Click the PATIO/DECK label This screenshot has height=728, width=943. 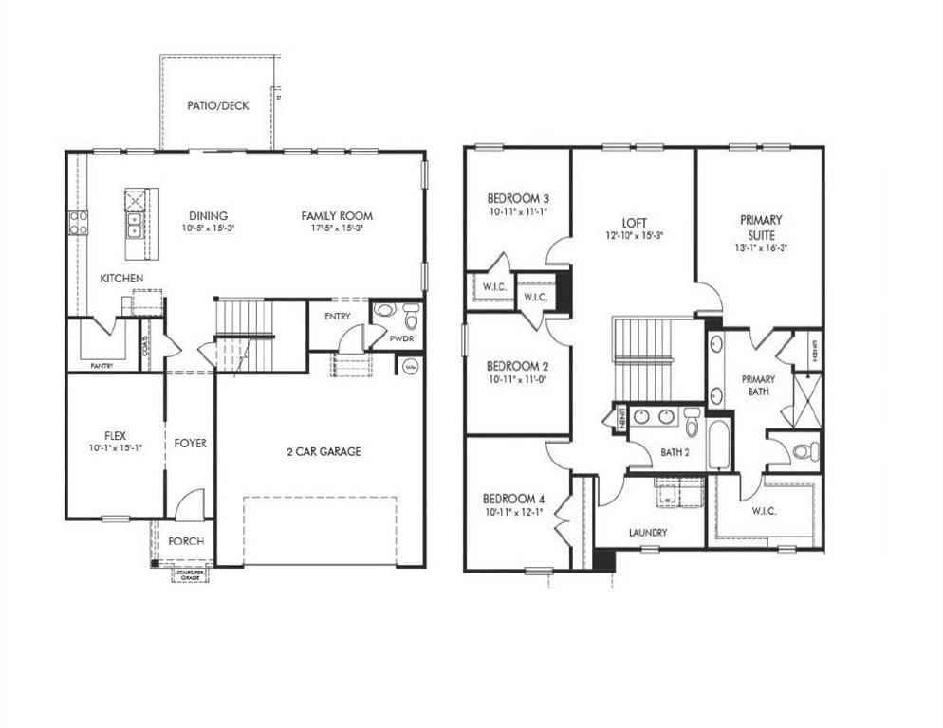218,106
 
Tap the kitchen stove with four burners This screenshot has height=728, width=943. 78,223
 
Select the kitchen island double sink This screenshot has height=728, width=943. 135,225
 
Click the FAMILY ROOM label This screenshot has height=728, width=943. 337,216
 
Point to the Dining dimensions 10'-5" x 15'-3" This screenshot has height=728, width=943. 208,228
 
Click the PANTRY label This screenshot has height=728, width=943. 103,365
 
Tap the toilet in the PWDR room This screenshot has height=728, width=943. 411,315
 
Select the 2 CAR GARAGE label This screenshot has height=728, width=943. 324,452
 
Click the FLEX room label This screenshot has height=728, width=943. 115,435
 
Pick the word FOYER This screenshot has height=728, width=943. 190,443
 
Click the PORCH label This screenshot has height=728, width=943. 186,541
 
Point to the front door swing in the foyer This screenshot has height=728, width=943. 190,502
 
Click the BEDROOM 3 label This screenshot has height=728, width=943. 518,198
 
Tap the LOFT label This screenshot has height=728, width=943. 634,224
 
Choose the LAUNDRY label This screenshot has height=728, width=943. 648,533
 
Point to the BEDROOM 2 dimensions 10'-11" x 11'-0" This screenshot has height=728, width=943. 519,379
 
